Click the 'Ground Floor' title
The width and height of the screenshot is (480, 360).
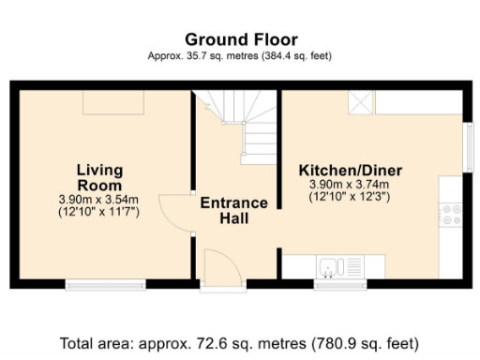[241, 39]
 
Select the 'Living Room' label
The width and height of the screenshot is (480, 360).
[99, 176]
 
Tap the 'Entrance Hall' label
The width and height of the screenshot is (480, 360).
[233, 211]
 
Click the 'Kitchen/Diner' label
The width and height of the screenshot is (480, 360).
[350, 170]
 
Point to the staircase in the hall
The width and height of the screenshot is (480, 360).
[247, 127]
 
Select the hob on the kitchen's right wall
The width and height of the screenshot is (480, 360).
[452, 215]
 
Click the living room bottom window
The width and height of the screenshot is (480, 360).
[105, 283]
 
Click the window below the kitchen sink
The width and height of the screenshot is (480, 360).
[340, 283]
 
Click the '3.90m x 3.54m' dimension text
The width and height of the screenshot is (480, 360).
[98, 199]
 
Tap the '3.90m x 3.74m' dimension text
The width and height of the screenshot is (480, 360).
[350, 186]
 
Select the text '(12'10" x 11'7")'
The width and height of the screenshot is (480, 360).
[98, 212]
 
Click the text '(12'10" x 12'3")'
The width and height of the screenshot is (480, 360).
[350, 199]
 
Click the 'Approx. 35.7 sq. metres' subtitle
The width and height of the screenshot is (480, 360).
[240, 56]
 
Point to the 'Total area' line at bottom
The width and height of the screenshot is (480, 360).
[240, 342]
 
